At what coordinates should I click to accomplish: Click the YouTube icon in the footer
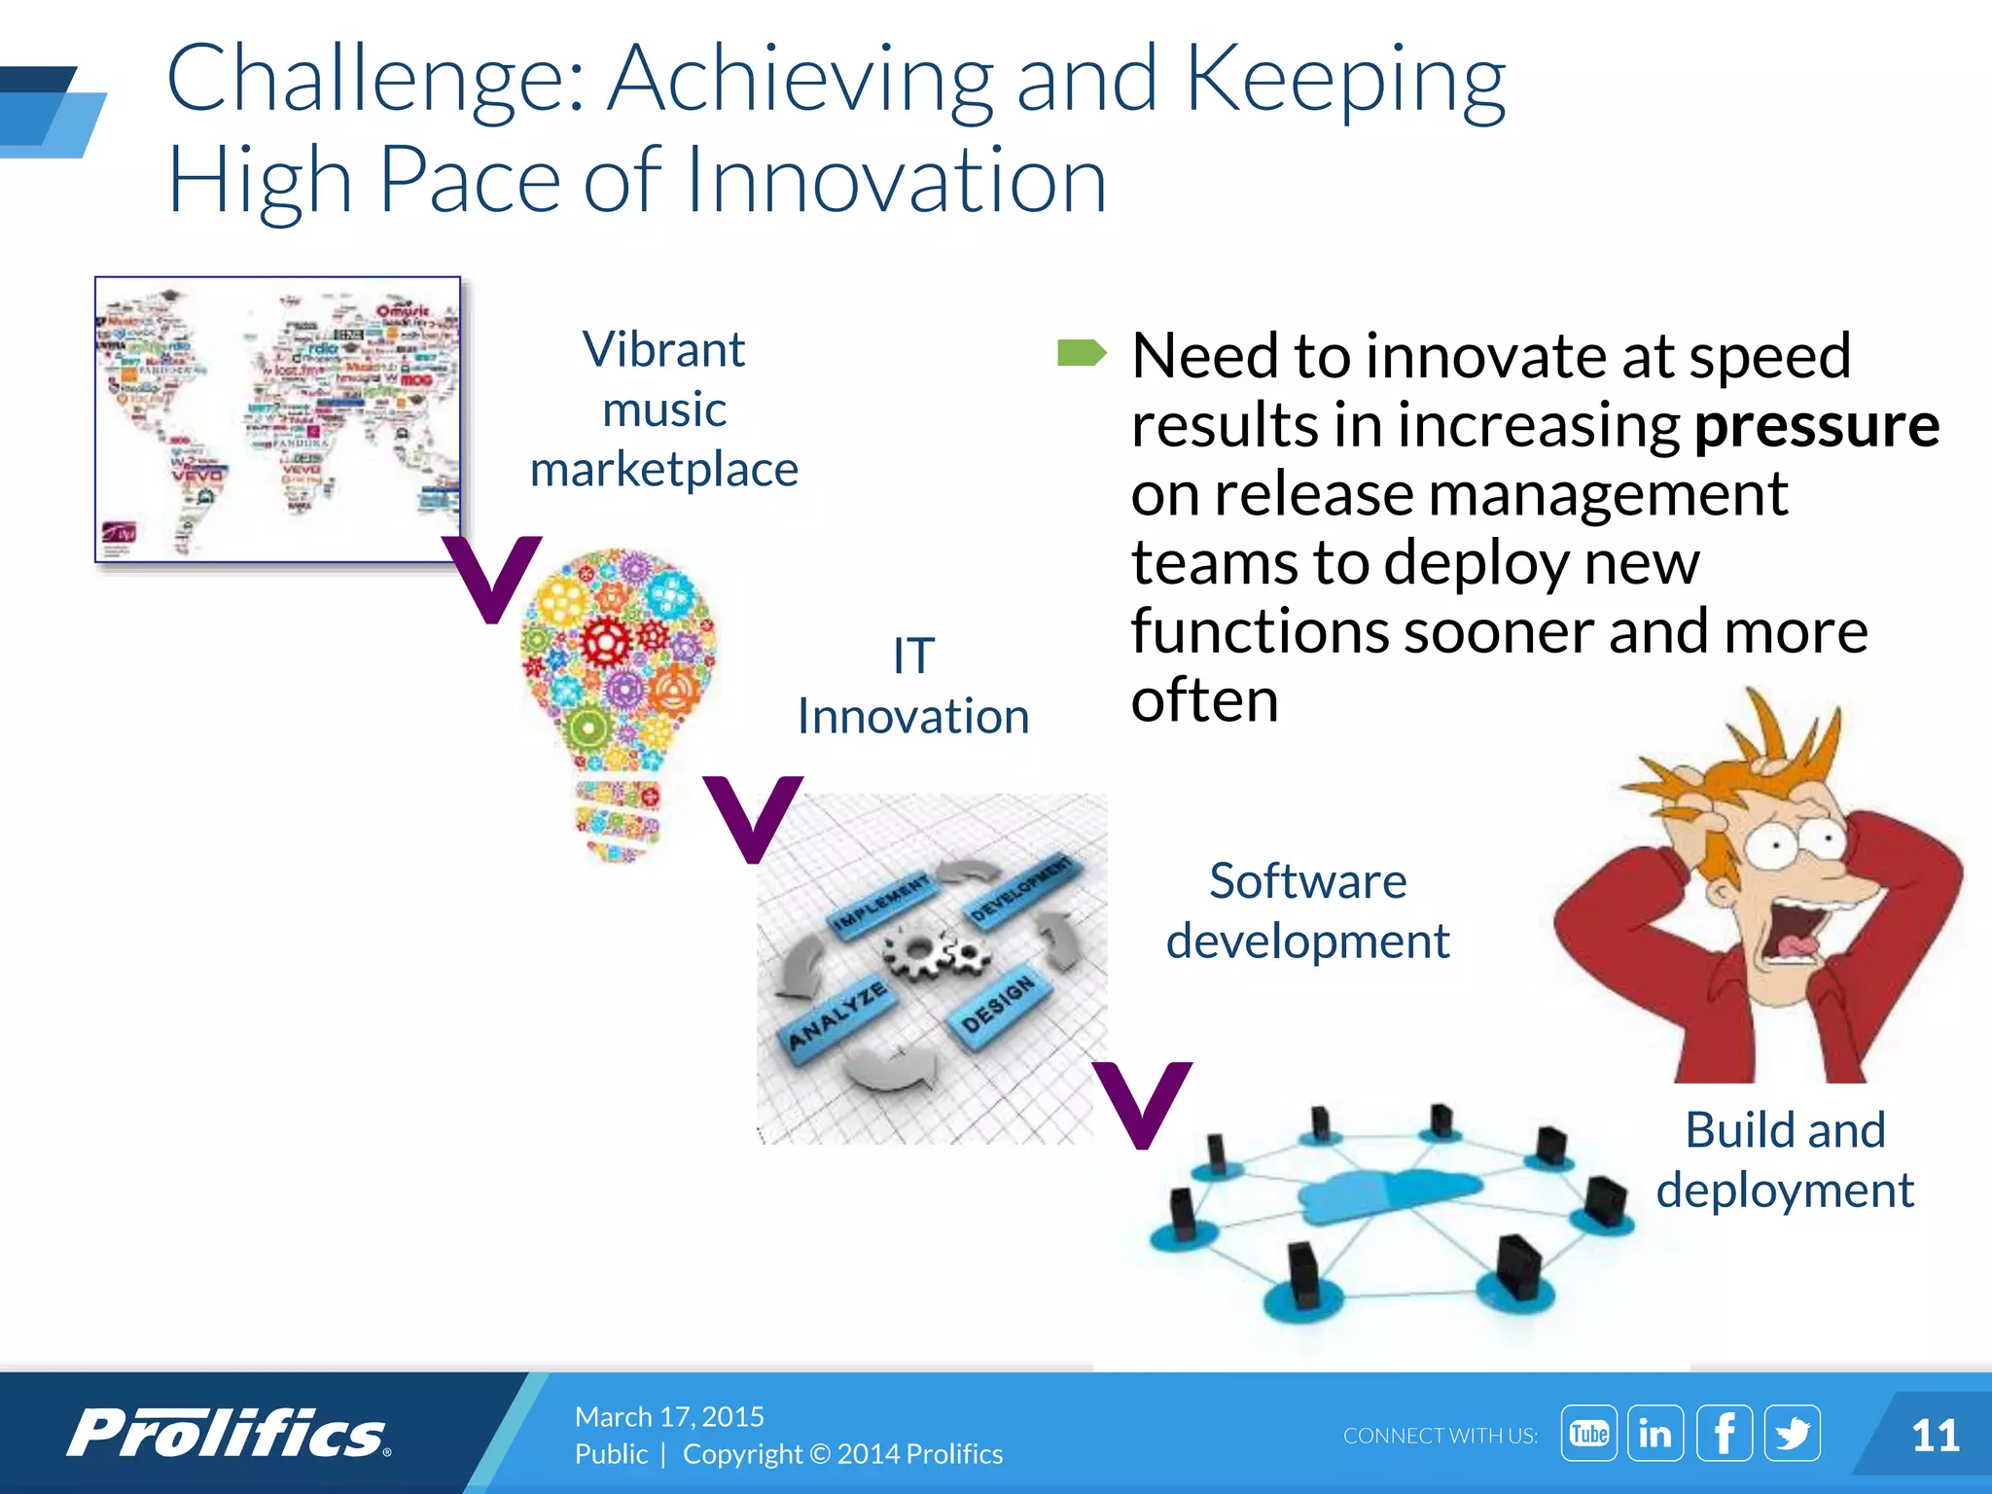(x=1588, y=1434)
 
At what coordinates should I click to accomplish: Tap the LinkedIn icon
(x=1655, y=1434)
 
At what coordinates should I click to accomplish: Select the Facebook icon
(x=1724, y=1434)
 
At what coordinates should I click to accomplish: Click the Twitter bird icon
(x=1792, y=1434)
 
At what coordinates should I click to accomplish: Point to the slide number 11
(x=1935, y=1436)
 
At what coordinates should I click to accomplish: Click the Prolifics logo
(x=229, y=1434)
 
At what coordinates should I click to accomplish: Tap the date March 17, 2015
(x=669, y=1416)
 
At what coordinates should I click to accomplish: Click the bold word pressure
(x=1816, y=425)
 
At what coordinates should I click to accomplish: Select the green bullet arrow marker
(x=1081, y=353)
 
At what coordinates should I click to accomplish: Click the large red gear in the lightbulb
(x=609, y=641)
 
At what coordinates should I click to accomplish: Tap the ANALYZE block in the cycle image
(x=837, y=1016)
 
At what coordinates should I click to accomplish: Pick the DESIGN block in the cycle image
(x=997, y=1006)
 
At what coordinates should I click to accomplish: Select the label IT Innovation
(x=913, y=686)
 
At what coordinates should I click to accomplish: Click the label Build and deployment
(x=1785, y=1159)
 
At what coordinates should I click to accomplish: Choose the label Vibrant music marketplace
(x=664, y=409)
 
